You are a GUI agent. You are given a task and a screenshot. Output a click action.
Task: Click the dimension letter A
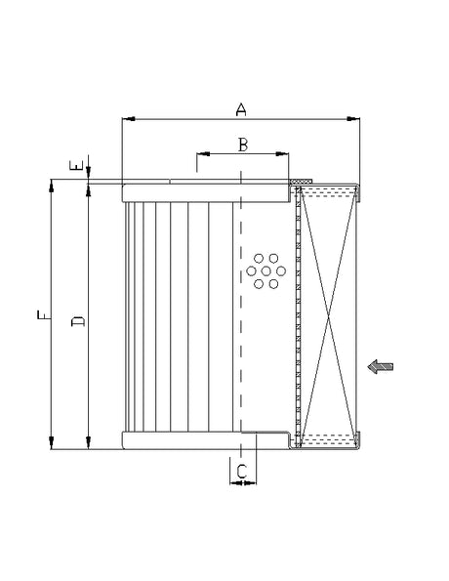240,109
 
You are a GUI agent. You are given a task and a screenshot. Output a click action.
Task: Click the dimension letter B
243,145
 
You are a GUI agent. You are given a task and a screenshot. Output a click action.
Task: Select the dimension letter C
241,472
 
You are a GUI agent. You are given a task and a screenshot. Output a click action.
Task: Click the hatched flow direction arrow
381,366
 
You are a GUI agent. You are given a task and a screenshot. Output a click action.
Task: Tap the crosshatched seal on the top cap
302,181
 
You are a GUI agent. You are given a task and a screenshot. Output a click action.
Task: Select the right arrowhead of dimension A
355,120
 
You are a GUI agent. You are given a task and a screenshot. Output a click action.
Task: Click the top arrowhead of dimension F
51,185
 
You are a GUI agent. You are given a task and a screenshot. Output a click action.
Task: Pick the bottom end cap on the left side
181,440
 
